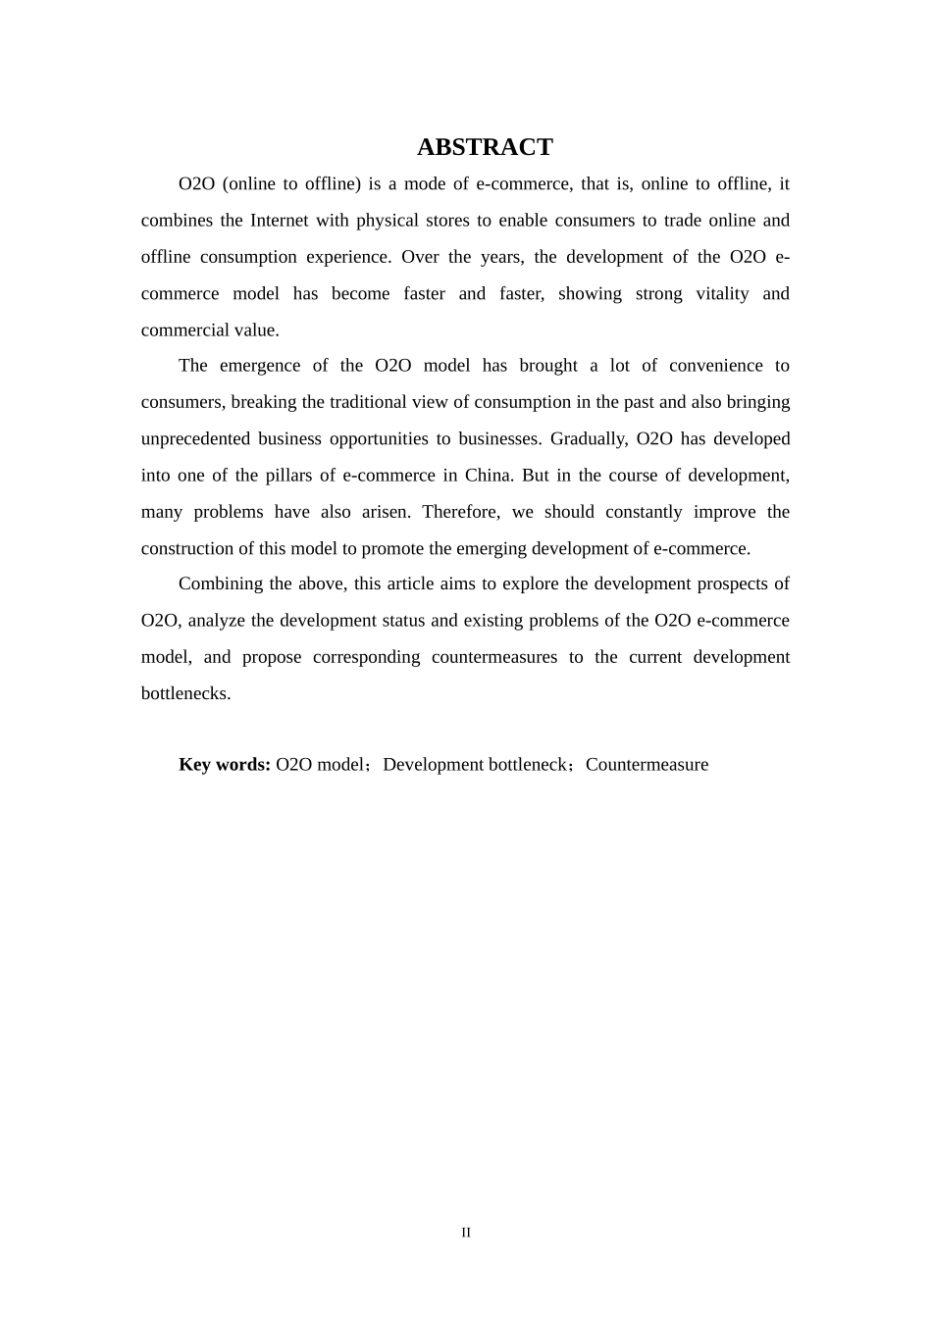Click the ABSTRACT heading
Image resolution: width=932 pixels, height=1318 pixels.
click(x=485, y=147)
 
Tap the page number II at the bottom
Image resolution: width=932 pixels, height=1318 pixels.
click(x=466, y=1233)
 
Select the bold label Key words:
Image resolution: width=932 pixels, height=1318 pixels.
click(x=224, y=765)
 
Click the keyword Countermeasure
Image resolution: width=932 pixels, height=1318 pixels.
click(x=647, y=765)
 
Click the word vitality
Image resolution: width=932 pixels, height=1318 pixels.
click(x=721, y=294)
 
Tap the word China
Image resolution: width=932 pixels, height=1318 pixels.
click(x=488, y=476)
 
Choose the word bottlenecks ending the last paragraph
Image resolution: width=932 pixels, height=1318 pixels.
click(x=185, y=694)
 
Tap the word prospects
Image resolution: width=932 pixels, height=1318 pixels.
click(x=732, y=584)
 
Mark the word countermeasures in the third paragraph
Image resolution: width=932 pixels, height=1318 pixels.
click(x=493, y=657)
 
